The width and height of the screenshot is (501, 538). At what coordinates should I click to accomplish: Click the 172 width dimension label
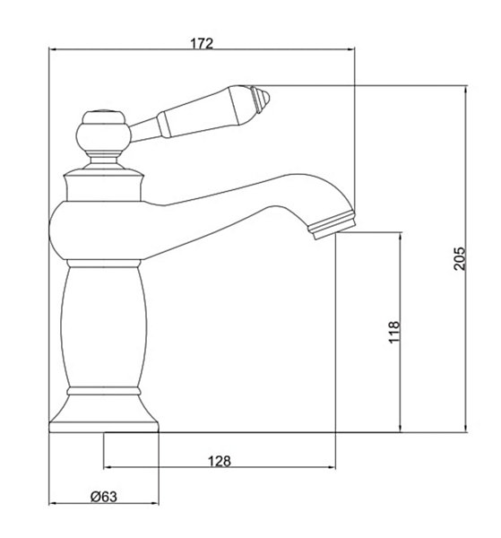coord(202,43)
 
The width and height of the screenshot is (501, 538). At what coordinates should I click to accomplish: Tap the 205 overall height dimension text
coord(460,258)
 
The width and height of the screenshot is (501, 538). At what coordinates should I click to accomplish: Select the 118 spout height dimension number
coord(394,332)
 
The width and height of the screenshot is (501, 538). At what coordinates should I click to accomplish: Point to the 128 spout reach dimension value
coord(220,461)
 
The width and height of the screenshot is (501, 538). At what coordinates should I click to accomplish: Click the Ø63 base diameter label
coord(104,497)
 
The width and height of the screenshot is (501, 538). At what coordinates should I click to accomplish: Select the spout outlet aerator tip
coord(332,225)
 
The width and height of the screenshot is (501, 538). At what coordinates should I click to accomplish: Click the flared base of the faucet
coord(104,414)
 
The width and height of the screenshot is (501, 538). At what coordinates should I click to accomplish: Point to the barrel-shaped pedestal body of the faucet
coord(104,327)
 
